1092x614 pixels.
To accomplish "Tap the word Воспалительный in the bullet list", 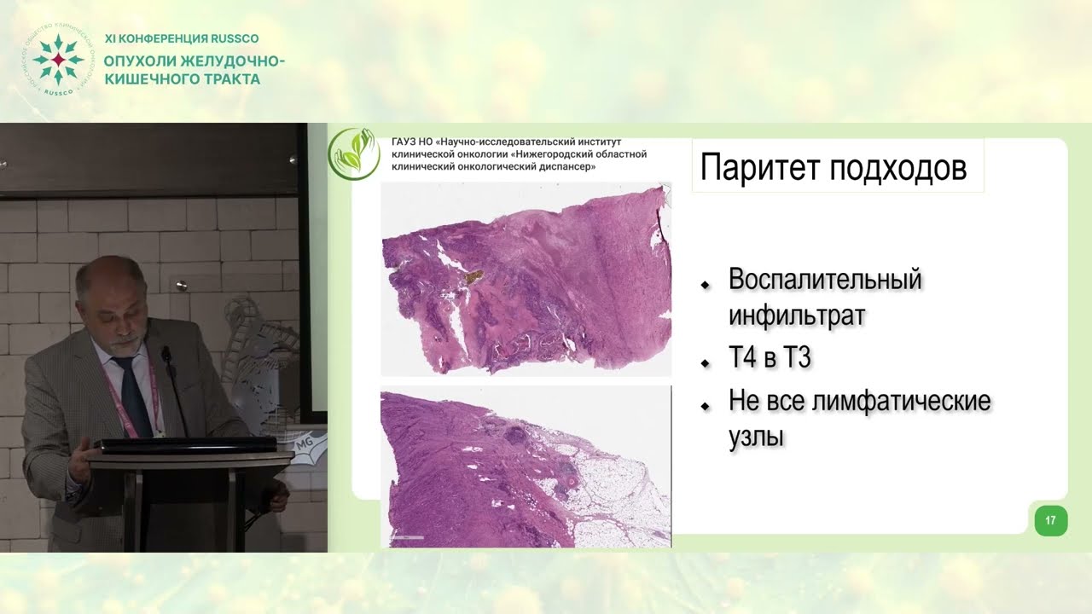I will coord(825,279).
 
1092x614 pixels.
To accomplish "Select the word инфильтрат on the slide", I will coord(797,316).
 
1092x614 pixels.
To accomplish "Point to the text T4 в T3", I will coord(769,359).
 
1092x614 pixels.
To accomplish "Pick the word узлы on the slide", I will coord(756,437).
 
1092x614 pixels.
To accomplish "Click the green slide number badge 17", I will coord(1050,520).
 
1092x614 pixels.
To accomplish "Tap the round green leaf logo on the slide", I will coord(354,153).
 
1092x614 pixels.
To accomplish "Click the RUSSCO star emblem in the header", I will coord(57,61).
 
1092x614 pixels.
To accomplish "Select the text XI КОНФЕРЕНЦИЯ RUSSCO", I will coord(181,38).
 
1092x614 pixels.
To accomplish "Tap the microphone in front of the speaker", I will coord(167,352).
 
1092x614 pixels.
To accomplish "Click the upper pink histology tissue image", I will coord(526,280).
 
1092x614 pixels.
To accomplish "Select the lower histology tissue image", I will coord(526,466).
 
